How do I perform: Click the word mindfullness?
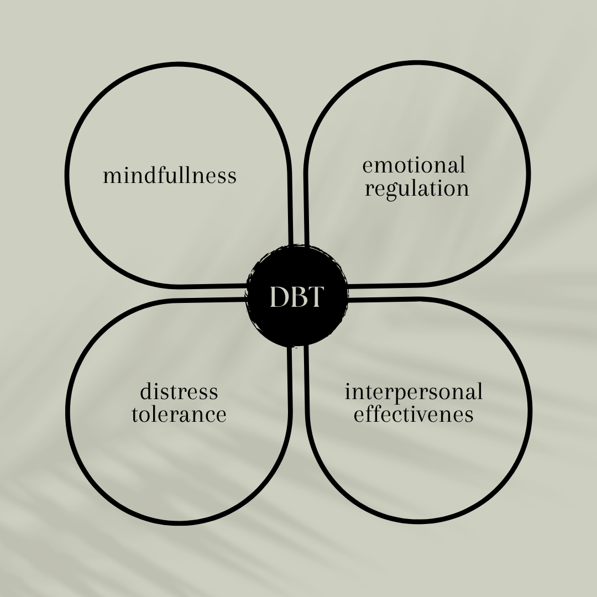[170, 176]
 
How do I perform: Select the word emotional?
[413, 165]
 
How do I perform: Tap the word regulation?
[417, 189]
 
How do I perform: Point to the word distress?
[179, 392]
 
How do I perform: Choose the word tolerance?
[179, 415]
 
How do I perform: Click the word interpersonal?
[413, 392]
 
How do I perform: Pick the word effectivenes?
[413, 415]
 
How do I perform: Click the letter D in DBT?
[279, 298]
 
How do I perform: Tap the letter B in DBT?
[297, 298]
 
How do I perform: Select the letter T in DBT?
[314, 298]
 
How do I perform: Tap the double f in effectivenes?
[374, 413]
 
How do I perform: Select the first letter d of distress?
[145, 392]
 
